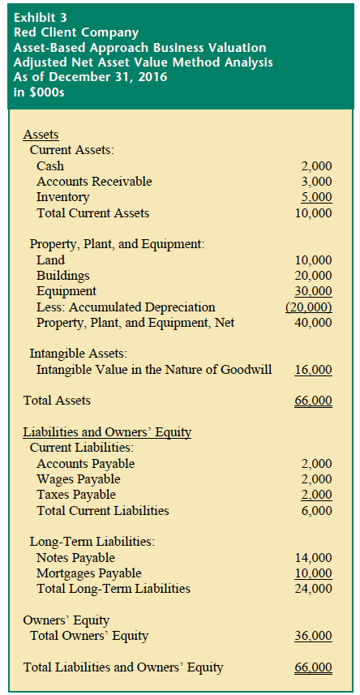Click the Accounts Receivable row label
tap(94, 182)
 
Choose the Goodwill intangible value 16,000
tap(314, 370)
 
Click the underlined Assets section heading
tap(41, 135)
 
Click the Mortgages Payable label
tap(88, 573)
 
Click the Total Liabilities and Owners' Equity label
tap(123, 667)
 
